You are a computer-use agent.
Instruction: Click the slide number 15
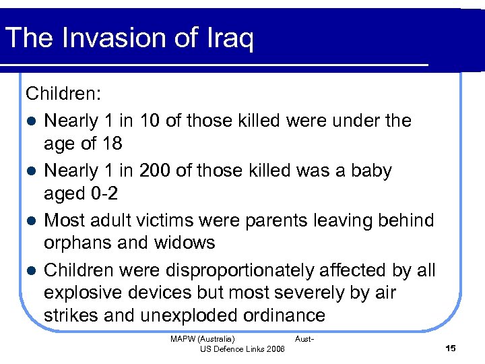click(451, 348)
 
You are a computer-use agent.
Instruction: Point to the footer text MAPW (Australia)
click(203, 338)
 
